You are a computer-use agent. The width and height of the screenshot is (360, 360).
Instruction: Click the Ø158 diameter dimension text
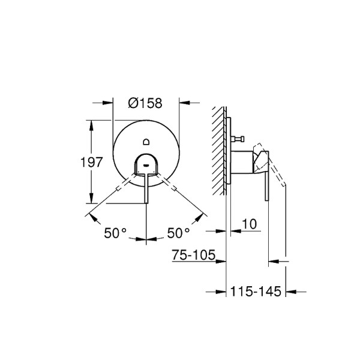145,103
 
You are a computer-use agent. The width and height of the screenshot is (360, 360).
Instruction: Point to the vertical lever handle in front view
146,186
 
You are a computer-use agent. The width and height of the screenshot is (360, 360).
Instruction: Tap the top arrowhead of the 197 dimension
91,124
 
